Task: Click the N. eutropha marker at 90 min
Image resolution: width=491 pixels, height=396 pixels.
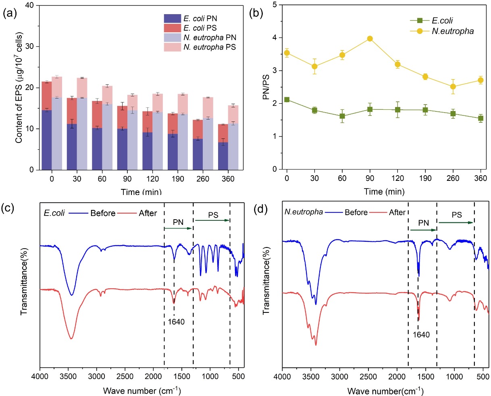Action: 370,39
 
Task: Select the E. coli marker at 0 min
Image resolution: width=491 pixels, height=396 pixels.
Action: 287,99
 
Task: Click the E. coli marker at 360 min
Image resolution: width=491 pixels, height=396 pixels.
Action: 481,118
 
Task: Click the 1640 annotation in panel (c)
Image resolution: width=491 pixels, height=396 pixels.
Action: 175,322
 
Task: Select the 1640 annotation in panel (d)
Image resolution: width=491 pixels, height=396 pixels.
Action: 422,335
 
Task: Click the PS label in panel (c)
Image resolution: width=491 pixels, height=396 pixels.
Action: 213,215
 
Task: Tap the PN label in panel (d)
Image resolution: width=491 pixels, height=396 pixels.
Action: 423,223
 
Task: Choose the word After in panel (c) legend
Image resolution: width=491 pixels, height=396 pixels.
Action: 148,213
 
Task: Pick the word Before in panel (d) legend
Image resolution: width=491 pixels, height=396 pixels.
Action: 356,212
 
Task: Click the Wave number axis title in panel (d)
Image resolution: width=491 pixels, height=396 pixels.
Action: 385,391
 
